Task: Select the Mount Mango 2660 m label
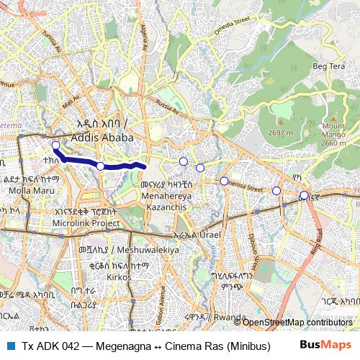333,135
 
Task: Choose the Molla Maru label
26,191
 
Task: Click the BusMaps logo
325,346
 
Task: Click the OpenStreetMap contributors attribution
297,322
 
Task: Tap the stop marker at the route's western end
55,146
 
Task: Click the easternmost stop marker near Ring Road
305,194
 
